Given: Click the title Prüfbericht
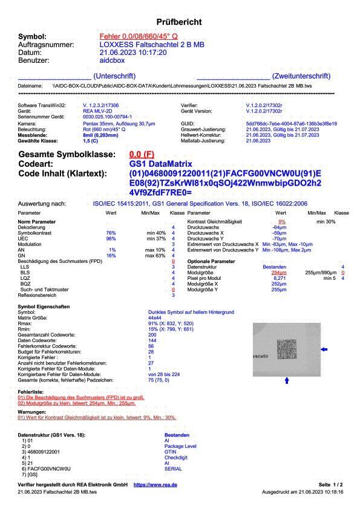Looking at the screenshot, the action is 179,22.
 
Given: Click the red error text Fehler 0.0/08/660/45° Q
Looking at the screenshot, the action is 139,37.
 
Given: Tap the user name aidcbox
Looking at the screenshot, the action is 112,60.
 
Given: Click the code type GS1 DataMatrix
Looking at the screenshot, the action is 160,164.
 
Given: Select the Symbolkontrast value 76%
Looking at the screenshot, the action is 111,233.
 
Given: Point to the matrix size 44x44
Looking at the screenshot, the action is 155,317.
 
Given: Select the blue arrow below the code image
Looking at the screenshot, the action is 287,381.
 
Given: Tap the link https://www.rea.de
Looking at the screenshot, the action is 155,485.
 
